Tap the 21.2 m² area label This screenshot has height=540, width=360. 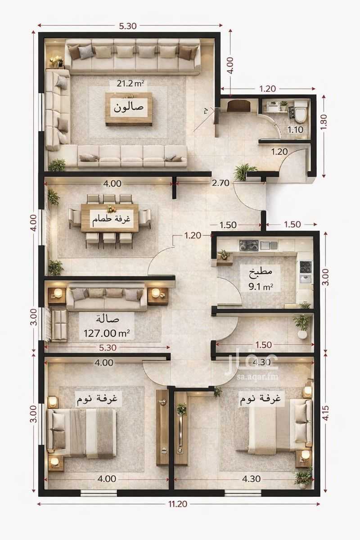click(x=130, y=83)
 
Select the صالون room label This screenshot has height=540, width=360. click(x=129, y=107)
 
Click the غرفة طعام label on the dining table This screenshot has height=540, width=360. click(x=111, y=219)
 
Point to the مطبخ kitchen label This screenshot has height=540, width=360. click(x=261, y=271)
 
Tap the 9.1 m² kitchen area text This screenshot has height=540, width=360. click(x=261, y=287)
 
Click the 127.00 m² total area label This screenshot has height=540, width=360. click(x=107, y=333)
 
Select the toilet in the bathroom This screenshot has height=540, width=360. click(x=301, y=110)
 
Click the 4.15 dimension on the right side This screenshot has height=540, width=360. click(x=325, y=413)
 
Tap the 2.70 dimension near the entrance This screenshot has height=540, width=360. click(x=220, y=183)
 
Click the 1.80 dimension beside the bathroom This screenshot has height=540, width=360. click(x=324, y=122)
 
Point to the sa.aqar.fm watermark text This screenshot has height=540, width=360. click(x=257, y=377)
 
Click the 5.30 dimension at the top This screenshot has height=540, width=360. click(x=128, y=26)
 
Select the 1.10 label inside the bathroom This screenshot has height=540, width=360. click(x=295, y=130)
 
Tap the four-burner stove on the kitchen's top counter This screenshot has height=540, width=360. click(x=248, y=245)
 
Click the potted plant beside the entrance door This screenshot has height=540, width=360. click(x=242, y=172)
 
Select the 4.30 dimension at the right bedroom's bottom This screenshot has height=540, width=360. click(x=251, y=478)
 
